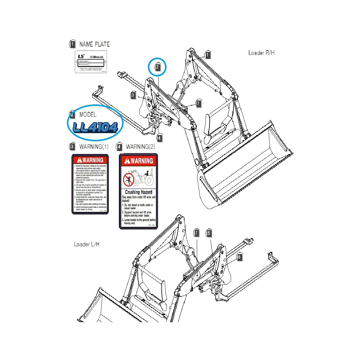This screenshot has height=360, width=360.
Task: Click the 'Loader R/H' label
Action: coord(261,53)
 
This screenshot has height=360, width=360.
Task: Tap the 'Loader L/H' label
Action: coord(86,244)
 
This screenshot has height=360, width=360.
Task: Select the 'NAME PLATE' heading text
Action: coord(94,44)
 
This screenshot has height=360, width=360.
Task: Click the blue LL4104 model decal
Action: coord(95,127)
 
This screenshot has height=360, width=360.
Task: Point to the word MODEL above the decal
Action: coord(88,115)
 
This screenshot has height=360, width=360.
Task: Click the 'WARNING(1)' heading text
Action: coord(94,147)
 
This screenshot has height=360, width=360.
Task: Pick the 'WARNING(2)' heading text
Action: coord(140,147)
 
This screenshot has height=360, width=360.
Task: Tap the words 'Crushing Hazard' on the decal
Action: coord(139,192)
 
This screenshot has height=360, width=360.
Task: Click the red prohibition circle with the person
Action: coord(128,180)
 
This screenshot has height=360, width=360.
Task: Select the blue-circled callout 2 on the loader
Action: coord(157,67)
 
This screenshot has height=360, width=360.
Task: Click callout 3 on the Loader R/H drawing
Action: coord(133,95)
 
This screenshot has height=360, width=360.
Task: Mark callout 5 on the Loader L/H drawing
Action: coord(209,233)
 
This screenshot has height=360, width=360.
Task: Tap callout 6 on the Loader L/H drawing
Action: coord(239,257)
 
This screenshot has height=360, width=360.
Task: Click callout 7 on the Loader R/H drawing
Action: coord(198,103)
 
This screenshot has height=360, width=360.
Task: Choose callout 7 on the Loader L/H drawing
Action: coord(196,233)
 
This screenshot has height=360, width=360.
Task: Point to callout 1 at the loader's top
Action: coord(208,55)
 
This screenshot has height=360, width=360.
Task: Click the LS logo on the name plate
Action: coord(81,56)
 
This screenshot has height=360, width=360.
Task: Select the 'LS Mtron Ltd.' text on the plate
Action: coord(97,57)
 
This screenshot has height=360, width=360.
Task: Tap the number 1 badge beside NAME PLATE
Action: coord(72,44)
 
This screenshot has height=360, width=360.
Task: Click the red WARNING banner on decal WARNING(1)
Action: coord(90,160)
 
